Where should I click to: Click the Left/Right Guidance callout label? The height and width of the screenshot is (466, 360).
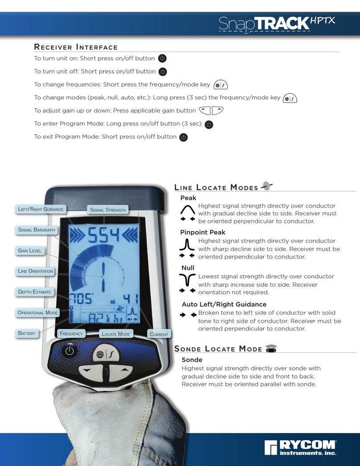pos(41,209)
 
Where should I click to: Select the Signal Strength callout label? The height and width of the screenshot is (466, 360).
pos(108,210)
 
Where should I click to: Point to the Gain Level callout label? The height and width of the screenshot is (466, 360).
pos(30,251)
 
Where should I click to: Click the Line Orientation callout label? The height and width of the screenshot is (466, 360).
pos(36,271)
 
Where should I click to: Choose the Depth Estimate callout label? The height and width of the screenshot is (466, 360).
pos(34,292)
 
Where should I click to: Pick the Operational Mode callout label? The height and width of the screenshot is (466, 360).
pos(38,313)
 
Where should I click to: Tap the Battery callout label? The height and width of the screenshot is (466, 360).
pos(27,333)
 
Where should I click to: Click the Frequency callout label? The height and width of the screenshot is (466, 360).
pos(72,334)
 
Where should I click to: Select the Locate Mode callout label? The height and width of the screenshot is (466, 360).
pos(116,334)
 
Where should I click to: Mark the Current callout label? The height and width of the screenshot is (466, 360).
pos(159,334)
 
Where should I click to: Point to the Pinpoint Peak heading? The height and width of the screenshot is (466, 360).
pos(203,232)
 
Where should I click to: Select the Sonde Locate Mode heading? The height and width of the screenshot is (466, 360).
pos(218,349)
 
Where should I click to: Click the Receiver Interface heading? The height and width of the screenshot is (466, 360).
pos(76,47)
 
